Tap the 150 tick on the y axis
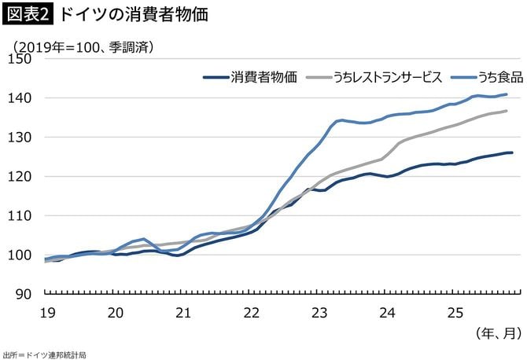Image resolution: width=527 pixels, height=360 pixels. (x=21, y=59)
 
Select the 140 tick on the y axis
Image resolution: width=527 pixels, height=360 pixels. (x=21, y=98)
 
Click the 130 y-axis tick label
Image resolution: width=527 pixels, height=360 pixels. (x=21, y=138)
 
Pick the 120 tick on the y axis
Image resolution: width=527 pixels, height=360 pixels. (x=21, y=177)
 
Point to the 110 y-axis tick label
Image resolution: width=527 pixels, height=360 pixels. (x=21, y=216)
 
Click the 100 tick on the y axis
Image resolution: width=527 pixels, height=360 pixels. (x=21, y=255)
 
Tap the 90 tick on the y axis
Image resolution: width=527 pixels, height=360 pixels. (x=24, y=295)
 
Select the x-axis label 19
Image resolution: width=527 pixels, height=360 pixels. (x=46, y=313)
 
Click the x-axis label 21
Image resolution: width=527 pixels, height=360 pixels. (x=183, y=313)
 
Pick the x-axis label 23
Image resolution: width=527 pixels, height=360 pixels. (x=319, y=313)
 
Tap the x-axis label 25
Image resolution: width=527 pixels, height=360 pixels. (x=455, y=313)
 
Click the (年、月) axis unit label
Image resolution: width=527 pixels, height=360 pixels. (x=497, y=333)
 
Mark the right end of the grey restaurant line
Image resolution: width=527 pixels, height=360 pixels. (x=506, y=111)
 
